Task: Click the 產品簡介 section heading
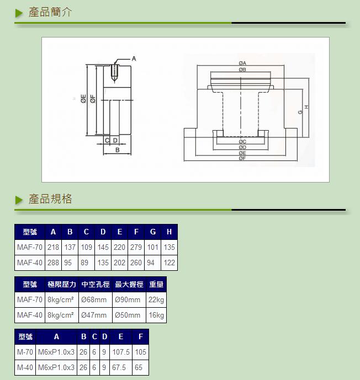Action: click(50, 12)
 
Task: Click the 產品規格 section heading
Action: click(50, 199)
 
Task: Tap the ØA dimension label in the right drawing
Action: click(242, 63)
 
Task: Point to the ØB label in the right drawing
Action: click(242, 69)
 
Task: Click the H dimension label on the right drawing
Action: click(306, 107)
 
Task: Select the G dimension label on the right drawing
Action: click(300, 112)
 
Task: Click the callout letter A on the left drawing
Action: click(134, 58)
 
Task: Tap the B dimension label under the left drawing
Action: click(118, 150)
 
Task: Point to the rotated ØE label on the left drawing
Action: click(83, 99)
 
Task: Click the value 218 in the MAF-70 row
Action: click(53, 247)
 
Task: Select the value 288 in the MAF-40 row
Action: click(53, 263)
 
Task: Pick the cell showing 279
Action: click(136, 247)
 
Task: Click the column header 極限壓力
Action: click(62, 284)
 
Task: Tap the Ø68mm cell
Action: click(94, 300)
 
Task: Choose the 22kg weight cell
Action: click(156, 300)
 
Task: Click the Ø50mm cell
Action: click(128, 315)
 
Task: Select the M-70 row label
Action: click(25, 352)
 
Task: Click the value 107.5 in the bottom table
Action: click(121, 352)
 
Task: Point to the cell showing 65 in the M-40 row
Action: click(139, 367)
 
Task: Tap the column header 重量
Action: click(156, 284)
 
